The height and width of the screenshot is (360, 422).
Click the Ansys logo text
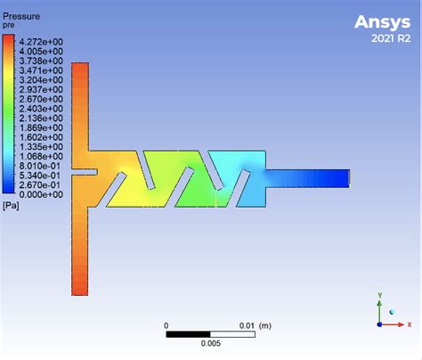[382, 22]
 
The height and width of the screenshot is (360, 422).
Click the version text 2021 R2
[391, 38]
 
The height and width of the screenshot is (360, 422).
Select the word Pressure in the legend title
[21, 16]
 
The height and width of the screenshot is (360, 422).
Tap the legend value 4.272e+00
[41, 42]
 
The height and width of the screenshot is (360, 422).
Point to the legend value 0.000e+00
[41, 194]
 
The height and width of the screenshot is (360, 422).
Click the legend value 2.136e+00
[41, 119]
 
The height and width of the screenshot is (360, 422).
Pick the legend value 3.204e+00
[41, 80]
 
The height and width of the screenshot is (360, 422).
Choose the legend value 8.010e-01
[40, 166]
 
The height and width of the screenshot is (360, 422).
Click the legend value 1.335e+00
[41, 147]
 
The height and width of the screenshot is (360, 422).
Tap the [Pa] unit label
[11, 206]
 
